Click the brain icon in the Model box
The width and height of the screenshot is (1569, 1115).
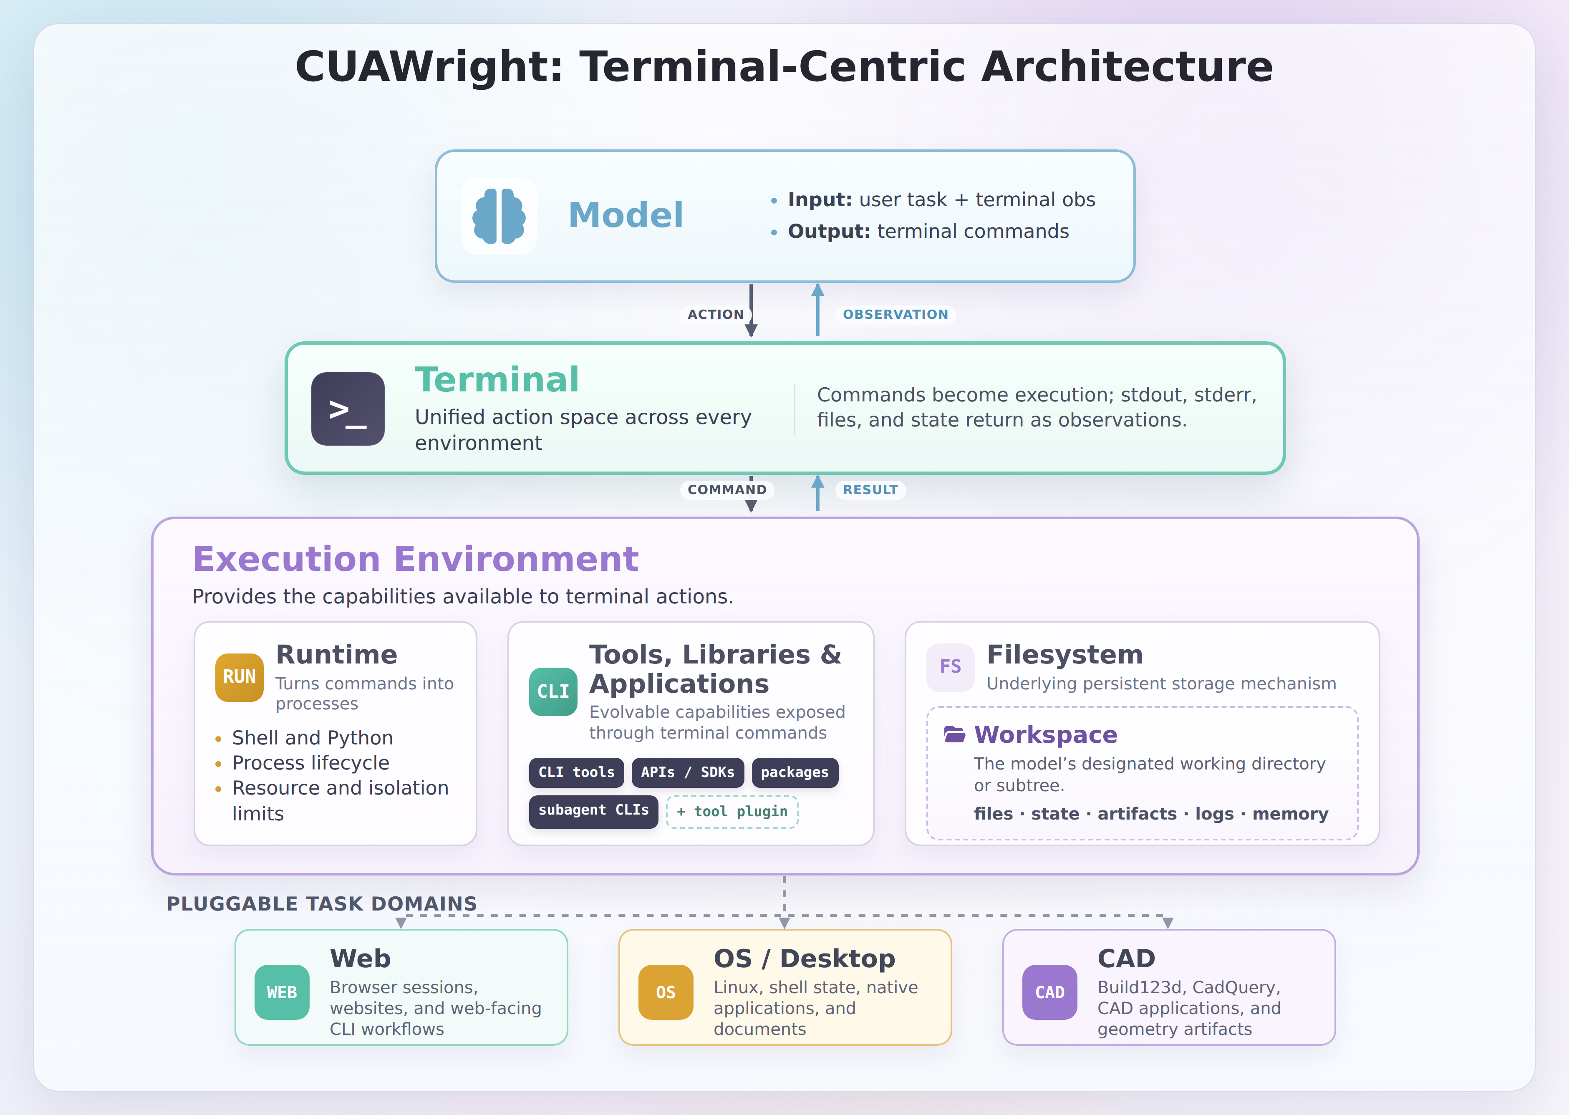(499, 216)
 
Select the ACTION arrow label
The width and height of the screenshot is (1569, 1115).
(716, 315)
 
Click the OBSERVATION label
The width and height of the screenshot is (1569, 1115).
(895, 315)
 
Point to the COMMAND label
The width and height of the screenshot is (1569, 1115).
(727, 489)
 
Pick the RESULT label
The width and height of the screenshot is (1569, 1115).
(870, 489)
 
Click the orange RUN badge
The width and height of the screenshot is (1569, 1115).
(239, 677)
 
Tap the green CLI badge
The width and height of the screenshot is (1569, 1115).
(553, 691)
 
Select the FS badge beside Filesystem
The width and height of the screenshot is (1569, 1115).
(950, 667)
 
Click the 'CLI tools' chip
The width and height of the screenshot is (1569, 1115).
(576, 772)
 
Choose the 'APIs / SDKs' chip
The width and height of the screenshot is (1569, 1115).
(687, 772)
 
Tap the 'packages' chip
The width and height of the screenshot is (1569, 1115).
(795, 772)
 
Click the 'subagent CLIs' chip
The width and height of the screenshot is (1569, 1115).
(593, 811)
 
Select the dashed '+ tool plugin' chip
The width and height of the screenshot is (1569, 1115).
(732, 812)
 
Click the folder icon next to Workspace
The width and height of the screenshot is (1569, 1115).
(954, 734)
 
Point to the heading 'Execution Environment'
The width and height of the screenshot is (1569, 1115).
(416, 559)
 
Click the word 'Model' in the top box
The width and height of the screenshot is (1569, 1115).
(626, 215)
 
